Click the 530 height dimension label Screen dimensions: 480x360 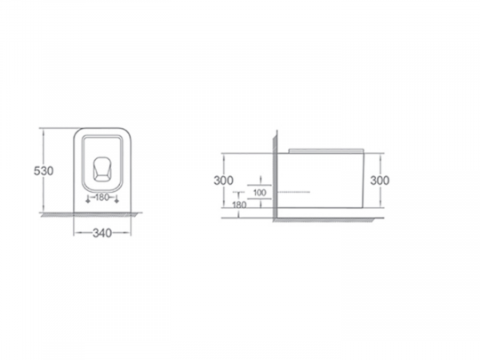tap(44, 171)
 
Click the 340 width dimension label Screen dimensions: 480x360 tap(102, 233)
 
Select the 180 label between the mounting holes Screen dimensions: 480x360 tap(102, 197)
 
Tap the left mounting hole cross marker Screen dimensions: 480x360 tap(88, 200)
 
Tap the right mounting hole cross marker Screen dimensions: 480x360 tap(116, 200)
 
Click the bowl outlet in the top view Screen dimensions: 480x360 tap(102, 169)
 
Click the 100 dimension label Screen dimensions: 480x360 tap(260, 193)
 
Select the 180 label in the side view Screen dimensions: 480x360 tap(239, 204)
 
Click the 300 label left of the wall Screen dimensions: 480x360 tap(223, 180)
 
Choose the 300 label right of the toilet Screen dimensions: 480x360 tap(380, 180)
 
